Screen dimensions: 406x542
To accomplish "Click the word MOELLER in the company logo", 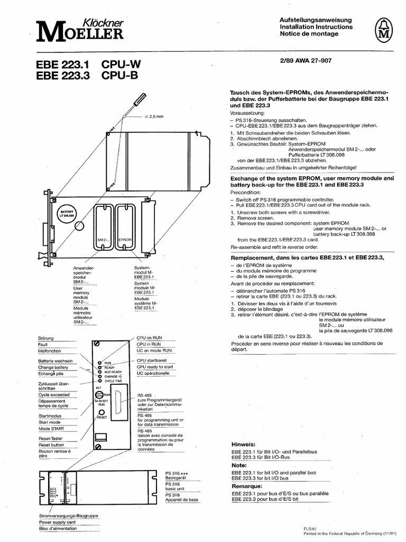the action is point(80,34).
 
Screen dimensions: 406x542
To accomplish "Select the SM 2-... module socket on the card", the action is point(103,225).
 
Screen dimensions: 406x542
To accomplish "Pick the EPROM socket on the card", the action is point(126,225).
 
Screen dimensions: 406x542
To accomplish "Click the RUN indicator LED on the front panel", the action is point(99,363).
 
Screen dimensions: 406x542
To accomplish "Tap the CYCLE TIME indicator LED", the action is point(99,381).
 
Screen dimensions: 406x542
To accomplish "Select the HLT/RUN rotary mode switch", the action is point(99,395).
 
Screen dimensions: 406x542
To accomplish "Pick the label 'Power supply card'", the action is point(57,521).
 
